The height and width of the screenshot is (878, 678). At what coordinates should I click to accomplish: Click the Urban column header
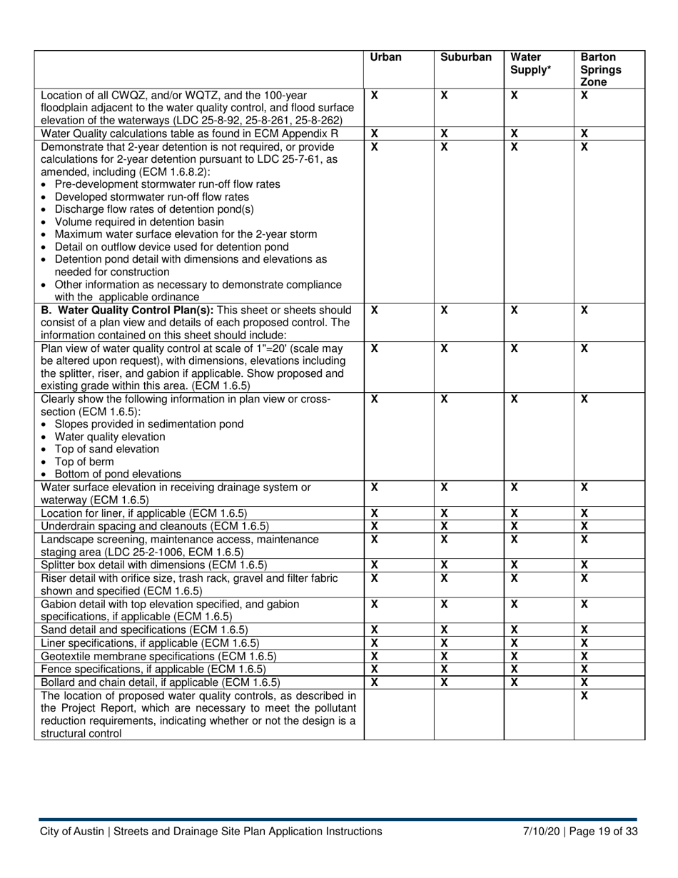(386, 58)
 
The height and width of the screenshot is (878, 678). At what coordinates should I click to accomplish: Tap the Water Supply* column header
(527, 64)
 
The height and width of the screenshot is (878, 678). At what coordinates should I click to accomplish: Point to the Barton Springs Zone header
(600, 70)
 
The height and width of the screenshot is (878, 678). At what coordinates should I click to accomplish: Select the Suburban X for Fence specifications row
(444, 669)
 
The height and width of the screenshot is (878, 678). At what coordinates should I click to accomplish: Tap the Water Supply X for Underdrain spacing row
(514, 526)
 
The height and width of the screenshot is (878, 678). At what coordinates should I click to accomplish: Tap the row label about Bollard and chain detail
(161, 682)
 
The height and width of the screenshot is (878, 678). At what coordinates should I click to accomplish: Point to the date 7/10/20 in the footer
(541, 831)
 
